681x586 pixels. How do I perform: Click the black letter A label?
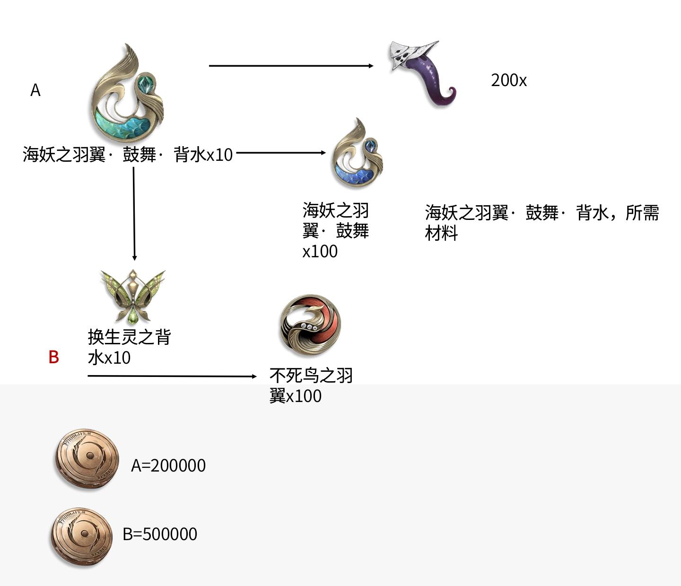[35, 90]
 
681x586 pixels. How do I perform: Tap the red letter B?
[53, 357]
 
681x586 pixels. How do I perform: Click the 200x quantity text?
[508, 80]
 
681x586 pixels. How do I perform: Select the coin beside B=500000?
[82, 535]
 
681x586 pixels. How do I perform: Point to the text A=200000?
[168, 465]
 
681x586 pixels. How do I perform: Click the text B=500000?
[160, 534]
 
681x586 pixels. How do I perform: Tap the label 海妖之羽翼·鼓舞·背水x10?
[128, 155]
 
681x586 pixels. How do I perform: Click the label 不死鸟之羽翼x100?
[311, 385]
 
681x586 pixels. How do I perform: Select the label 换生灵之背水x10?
[129, 347]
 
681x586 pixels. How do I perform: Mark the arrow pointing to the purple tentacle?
[291, 66]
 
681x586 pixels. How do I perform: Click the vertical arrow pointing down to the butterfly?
[134, 213]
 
